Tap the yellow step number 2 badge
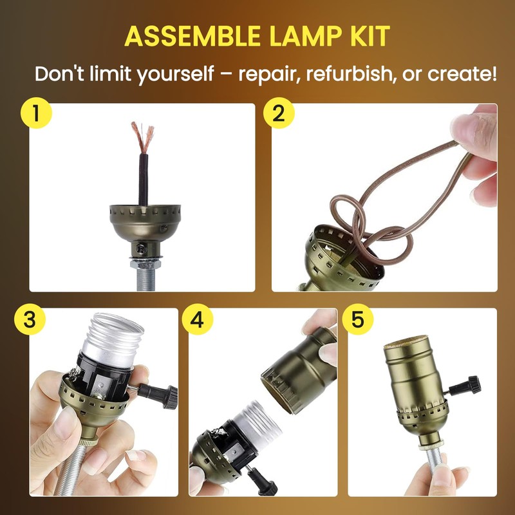278,113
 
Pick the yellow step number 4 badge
196,320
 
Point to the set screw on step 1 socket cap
140,247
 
